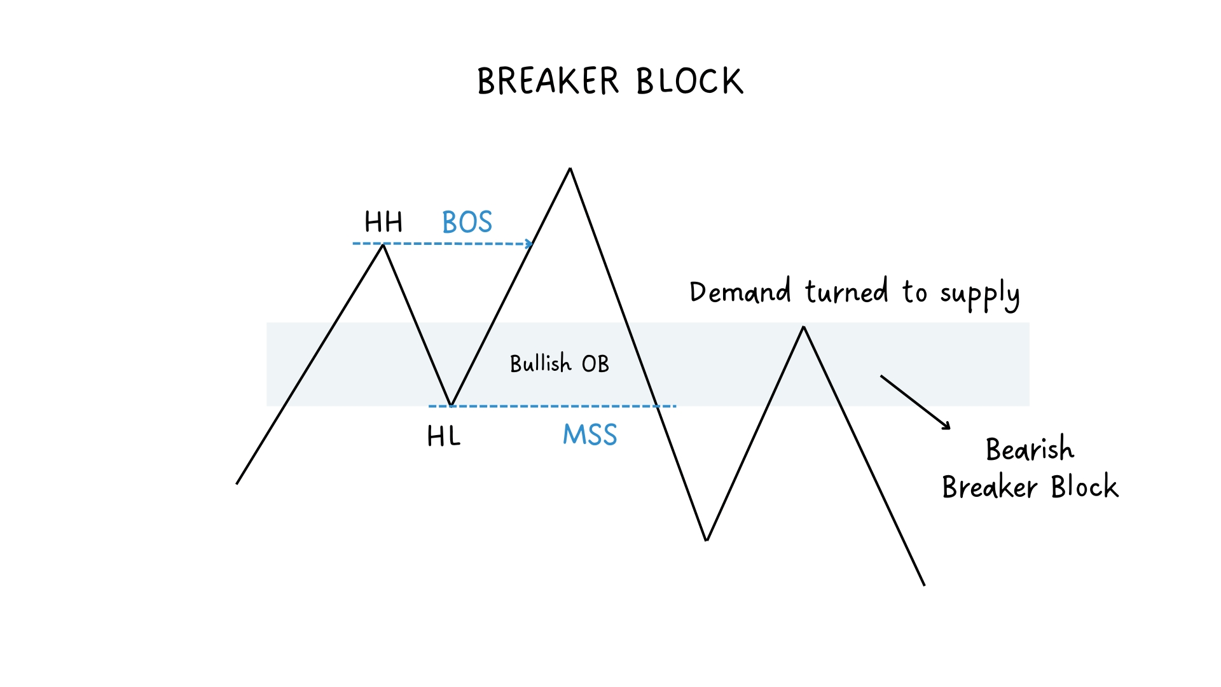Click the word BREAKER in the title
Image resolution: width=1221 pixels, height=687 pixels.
[x=548, y=81]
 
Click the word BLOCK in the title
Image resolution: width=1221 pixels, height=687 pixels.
[x=689, y=81]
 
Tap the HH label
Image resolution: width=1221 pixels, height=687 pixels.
[x=383, y=222]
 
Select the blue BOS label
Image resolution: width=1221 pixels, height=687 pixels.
[x=467, y=222]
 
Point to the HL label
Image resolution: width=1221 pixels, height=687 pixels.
[x=443, y=436]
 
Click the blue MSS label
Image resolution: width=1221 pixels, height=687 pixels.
[x=590, y=435]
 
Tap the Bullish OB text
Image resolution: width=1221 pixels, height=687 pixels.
[x=560, y=364]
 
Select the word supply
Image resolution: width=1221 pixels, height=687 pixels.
[x=979, y=295]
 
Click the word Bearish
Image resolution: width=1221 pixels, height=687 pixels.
[x=1030, y=449]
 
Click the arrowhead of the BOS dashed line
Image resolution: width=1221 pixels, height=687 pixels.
[x=529, y=244]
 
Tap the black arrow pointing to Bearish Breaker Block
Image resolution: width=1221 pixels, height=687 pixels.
[x=916, y=403]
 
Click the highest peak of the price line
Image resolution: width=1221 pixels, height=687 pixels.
[x=570, y=169]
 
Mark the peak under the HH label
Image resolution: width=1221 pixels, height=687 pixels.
[x=383, y=246]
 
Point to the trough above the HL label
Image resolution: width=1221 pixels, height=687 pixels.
[x=451, y=405]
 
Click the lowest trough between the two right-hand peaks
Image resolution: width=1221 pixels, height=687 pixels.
[x=707, y=539]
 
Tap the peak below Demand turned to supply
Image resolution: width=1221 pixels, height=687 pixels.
[x=804, y=328]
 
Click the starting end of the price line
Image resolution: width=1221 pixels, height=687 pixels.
[x=237, y=483]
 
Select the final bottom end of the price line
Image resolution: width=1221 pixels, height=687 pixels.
[x=923, y=584]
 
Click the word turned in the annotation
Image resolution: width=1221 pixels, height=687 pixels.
[x=846, y=293]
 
